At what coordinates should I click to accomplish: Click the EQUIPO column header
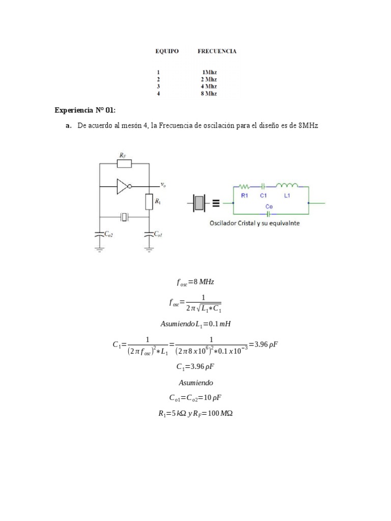(167, 51)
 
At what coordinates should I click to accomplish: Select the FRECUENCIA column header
(217, 51)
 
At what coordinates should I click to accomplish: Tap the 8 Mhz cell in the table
(209, 94)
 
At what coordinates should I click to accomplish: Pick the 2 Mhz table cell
(209, 79)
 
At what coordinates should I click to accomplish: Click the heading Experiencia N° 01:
(85, 110)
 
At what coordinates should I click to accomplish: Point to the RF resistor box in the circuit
(124, 163)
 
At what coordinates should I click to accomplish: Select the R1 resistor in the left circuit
(149, 202)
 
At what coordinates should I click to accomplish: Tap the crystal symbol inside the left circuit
(124, 217)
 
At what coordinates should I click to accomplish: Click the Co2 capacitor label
(108, 234)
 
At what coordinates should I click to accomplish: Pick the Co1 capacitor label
(158, 234)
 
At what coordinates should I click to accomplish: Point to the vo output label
(163, 185)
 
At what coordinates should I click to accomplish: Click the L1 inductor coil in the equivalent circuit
(287, 186)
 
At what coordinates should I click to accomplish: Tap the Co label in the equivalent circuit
(270, 207)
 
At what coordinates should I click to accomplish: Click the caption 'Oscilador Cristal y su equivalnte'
(255, 223)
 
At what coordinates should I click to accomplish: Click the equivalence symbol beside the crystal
(216, 203)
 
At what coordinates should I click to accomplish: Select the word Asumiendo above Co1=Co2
(195, 383)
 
